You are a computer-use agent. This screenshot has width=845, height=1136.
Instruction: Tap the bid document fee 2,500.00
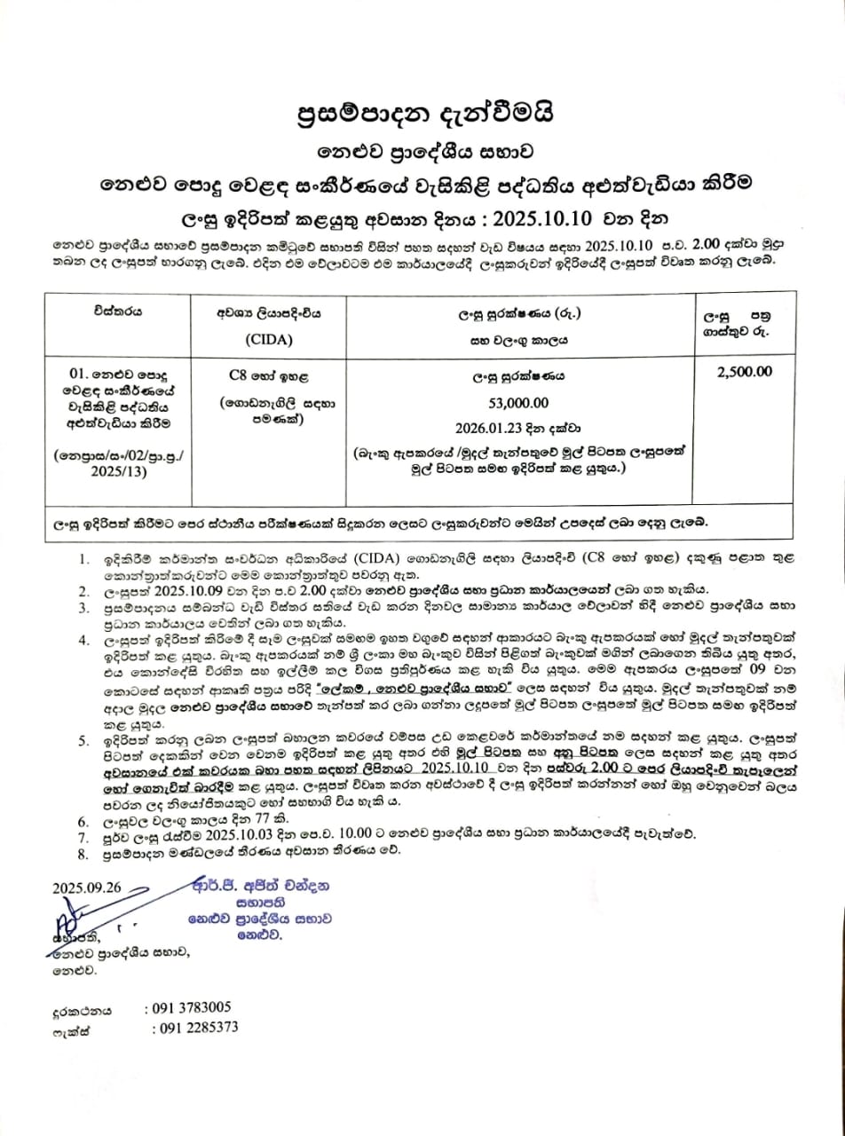(744, 372)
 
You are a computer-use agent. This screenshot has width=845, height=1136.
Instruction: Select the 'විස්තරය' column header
(116, 312)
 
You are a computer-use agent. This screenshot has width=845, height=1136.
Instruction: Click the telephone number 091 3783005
(187, 1007)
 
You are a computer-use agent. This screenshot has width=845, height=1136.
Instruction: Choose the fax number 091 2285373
(194, 1028)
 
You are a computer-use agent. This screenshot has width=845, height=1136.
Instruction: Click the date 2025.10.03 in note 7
(229, 836)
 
